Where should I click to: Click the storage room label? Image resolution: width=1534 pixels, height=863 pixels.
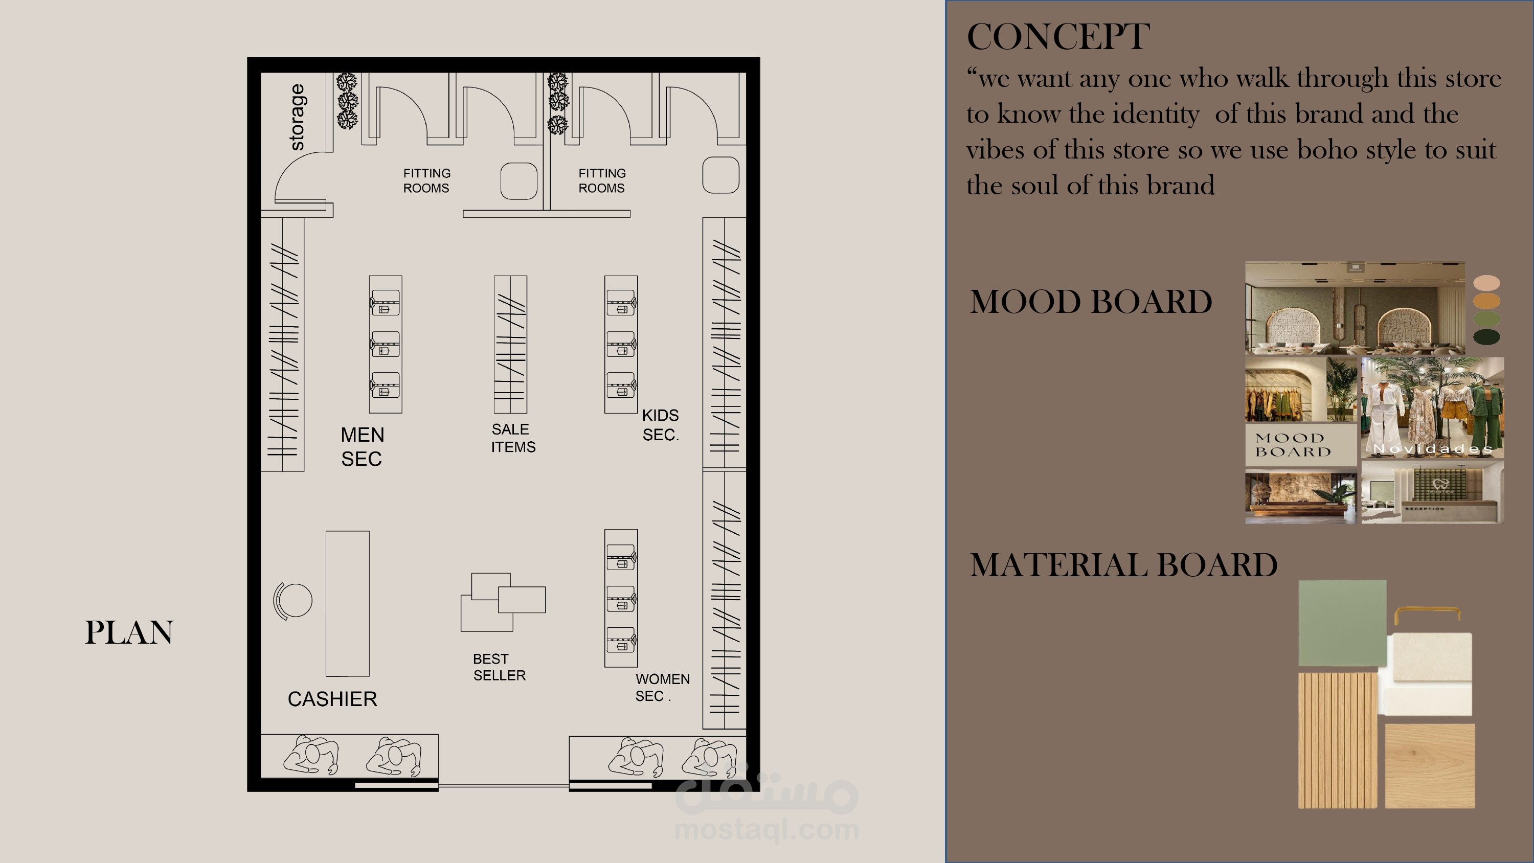click(297, 117)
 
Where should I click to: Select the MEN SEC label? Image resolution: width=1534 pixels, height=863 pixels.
click(362, 447)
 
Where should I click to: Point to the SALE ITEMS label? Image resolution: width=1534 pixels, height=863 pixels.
click(513, 438)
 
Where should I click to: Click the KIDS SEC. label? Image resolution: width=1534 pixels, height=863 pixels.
click(661, 425)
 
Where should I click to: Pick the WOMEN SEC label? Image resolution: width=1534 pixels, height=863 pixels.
click(662, 687)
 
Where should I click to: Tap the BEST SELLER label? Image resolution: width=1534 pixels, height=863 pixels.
click(499, 667)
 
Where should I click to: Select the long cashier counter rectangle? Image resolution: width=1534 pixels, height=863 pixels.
click(347, 603)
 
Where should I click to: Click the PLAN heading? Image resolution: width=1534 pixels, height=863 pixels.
click(129, 632)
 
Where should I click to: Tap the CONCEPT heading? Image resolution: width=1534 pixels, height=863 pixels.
click(1058, 36)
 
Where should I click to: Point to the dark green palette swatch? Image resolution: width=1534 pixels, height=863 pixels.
click(1486, 337)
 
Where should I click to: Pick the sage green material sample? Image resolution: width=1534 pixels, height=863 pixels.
click(1342, 623)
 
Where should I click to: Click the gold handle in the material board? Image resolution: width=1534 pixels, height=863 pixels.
click(1427, 614)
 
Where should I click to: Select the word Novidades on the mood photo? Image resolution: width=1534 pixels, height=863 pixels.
click(1432, 448)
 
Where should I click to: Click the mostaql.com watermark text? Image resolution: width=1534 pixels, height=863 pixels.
click(766, 830)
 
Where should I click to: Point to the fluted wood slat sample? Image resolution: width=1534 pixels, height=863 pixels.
click(1338, 740)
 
